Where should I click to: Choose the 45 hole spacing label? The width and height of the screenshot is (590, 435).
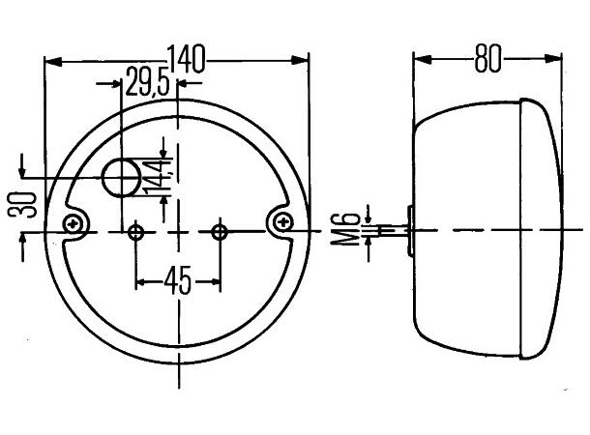click(x=177, y=281)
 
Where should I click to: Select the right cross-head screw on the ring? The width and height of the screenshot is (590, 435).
click(x=283, y=223)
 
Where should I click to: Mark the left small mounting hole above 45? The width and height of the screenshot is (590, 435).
click(x=135, y=231)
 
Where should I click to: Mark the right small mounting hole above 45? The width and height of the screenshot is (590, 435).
click(x=221, y=231)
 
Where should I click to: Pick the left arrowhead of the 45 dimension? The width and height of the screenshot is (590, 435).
click(x=140, y=282)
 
